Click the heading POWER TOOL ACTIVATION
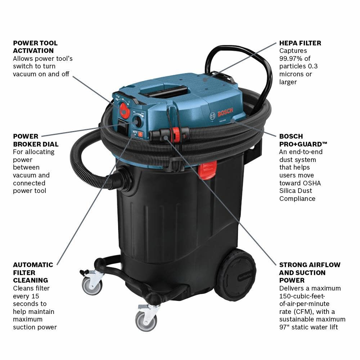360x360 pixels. click(35, 47)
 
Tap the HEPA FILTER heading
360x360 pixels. click(300, 43)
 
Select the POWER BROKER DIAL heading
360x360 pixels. click(36, 140)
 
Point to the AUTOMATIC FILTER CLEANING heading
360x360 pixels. click(33, 272)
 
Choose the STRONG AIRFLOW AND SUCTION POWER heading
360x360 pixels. click(309, 272)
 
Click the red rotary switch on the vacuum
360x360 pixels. click(125, 110)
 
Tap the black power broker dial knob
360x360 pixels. click(137, 122)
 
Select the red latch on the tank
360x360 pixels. click(208, 170)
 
